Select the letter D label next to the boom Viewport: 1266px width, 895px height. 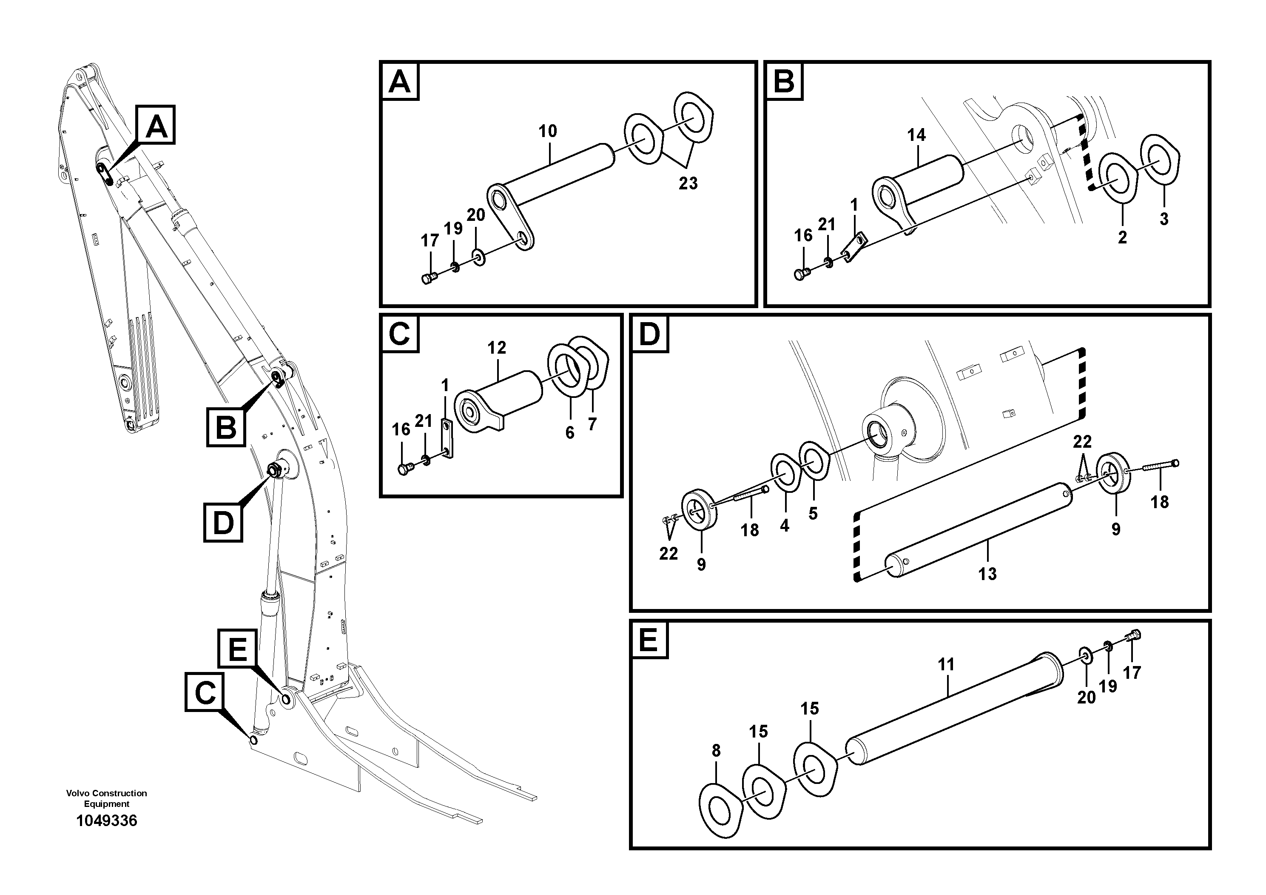click(223, 522)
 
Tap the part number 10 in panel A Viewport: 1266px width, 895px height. click(548, 132)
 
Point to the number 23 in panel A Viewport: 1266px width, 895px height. click(688, 183)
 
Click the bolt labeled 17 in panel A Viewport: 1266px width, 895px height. click(428, 278)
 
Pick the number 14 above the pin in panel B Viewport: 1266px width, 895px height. click(916, 135)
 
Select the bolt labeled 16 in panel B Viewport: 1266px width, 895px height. click(801, 273)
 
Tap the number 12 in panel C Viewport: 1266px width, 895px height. click(496, 348)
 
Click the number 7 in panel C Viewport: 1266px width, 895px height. click(592, 424)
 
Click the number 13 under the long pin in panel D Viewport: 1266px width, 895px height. click(987, 574)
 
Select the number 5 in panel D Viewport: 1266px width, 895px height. click(813, 514)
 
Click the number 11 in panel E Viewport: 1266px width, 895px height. click(946, 665)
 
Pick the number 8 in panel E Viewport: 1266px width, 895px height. click(716, 750)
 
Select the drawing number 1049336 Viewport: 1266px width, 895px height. click(106, 821)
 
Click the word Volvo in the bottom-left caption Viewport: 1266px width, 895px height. click(78, 793)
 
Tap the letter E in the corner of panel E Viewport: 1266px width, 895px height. click(649, 641)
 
